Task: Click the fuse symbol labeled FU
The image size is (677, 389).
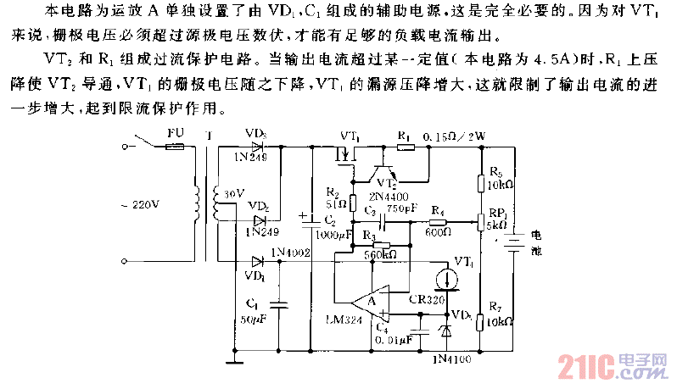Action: click(175, 146)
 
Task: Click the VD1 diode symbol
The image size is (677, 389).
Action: click(258, 262)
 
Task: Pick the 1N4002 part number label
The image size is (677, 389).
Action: click(286, 253)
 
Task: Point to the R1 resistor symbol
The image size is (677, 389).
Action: click(406, 146)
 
